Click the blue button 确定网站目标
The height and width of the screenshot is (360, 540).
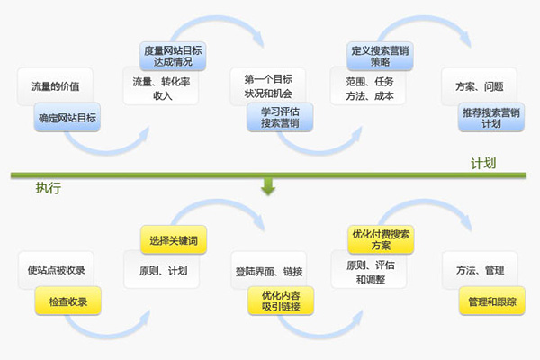pyautogui.click(x=67, y=117)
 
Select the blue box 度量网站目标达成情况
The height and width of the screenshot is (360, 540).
pyautogui.click(x=174, y=56)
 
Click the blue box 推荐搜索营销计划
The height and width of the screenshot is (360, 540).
pyautogui.click(x=490, y=118)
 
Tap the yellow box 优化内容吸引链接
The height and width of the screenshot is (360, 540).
pyautogui.click(x=281, y=301)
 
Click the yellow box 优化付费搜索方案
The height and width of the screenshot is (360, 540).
pyautogui.click(x=380, y=239)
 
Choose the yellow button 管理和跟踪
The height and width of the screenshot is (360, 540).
pyautogui.click(x=490, y=301)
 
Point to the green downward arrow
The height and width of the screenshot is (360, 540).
pyautogui.click(x=267, y=187)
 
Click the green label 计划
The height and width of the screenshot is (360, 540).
pyautogui.click(x=484, y=165)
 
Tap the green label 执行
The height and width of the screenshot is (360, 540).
pyautogui.click(x=49, y=188)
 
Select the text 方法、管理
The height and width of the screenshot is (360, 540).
pyautogui.click(x=481, y=270)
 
